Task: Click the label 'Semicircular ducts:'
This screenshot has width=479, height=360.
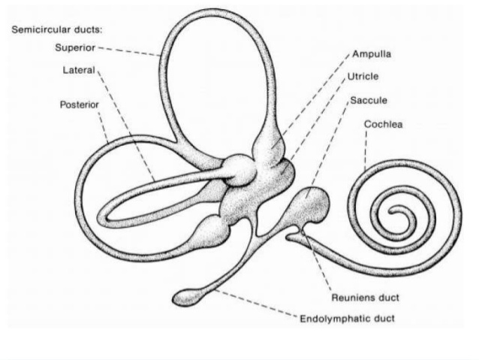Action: [46, 32]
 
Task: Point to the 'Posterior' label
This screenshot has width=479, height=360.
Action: [79, 104]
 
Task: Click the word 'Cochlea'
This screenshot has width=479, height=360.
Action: [382, 124]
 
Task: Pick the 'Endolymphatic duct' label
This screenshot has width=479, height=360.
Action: [348, 318]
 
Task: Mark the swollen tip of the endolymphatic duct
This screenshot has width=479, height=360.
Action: [187, 298]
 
